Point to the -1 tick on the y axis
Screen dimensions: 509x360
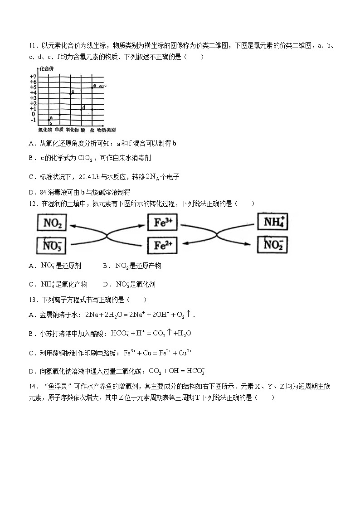pos(33,120)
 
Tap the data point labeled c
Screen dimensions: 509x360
pos(70,93)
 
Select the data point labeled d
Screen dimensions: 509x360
pos(81,109)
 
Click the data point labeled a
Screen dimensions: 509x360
pos(49,120)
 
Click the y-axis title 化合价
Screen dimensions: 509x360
pos(47,68)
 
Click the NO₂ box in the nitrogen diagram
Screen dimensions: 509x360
pos(53,223)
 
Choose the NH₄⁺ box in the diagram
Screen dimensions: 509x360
pos(273,223)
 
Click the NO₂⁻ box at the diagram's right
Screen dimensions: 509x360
pos(273,245)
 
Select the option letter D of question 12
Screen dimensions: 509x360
pos(105,285)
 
